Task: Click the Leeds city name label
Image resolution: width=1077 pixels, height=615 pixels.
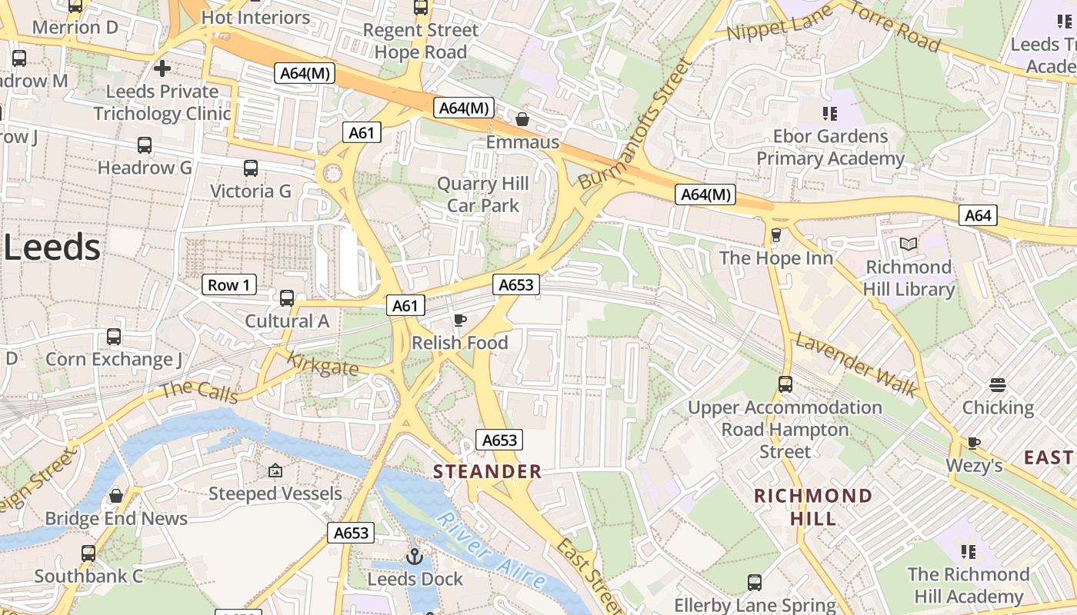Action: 52,248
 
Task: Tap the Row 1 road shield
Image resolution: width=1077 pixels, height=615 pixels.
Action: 228,285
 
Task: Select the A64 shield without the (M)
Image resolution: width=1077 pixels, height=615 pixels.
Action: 978,215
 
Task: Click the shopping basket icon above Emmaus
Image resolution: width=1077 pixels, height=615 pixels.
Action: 522,119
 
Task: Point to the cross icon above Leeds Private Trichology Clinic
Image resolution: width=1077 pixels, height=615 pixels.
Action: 162,68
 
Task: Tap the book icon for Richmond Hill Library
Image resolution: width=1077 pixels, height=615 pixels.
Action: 909,244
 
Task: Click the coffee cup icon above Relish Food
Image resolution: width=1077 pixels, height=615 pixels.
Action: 460,320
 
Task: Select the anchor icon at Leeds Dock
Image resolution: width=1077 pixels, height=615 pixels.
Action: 415,555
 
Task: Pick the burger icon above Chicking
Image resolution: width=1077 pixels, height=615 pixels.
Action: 998,384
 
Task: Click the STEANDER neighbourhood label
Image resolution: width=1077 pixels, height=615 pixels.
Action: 488,471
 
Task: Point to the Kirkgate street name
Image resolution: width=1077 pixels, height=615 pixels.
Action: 322,364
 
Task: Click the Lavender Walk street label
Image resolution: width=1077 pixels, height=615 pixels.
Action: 855,364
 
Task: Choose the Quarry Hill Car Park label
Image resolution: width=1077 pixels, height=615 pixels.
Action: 483,194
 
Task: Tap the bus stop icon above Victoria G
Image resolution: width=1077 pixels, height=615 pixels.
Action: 250,168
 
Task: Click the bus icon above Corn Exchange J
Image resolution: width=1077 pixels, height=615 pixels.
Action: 114,337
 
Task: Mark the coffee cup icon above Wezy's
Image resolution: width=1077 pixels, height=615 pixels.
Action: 974,443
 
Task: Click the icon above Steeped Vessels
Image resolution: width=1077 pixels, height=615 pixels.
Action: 275,470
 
